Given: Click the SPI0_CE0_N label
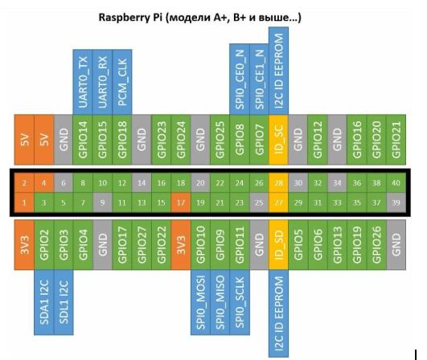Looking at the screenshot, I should pos(239,78).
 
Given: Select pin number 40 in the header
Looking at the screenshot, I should pos(395,182).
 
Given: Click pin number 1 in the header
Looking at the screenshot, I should pos(25,202).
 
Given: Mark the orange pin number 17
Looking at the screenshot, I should pos(179,202).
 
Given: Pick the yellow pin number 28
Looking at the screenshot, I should pos(277,182).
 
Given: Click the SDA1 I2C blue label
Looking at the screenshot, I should pos(44,302).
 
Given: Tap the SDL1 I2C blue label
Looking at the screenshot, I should pos(64,302).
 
